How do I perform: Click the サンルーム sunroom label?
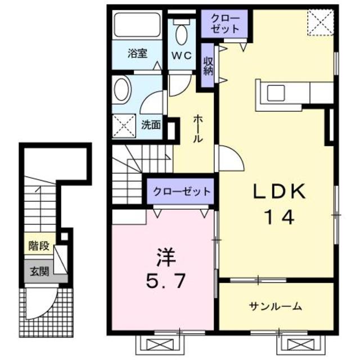(276, 307)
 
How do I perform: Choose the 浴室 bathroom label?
(137, 55)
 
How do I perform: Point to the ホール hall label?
(199, 129)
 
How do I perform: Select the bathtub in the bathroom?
(137, 26)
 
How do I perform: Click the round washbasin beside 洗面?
(121, 89)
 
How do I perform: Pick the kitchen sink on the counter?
(277, 92)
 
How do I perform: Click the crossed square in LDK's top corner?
(321, 22)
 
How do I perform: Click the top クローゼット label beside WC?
(225, 24)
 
